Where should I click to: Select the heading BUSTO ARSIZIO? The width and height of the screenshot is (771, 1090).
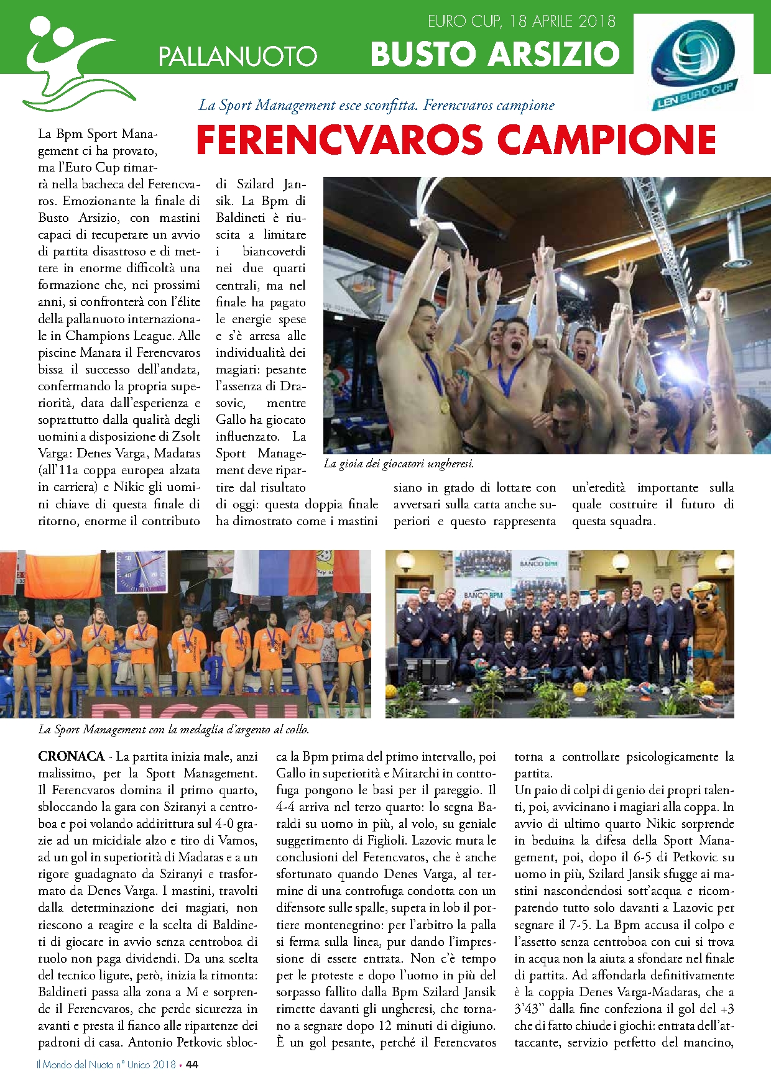click(495, 54)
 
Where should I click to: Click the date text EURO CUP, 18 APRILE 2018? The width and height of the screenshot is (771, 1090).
click(521, 22)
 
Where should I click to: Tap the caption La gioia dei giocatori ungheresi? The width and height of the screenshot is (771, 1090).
click(399, 464)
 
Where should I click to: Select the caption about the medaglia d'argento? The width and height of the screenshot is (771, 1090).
click(173, 730)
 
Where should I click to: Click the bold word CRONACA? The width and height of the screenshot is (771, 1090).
click(71, 756)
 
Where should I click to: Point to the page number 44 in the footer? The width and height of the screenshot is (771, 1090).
click(192, 1065)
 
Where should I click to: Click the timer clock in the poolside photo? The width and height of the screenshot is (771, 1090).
click(140, 571)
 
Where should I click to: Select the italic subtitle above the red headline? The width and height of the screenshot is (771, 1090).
click(376, 105)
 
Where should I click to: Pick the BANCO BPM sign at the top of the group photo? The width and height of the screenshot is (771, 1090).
click(538, 564)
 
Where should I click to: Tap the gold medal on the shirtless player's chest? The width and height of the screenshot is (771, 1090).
click(444, 407)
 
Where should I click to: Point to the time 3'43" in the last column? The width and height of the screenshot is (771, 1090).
click(527, 1009)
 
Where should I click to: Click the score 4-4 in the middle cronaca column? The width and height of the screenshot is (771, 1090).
click(286, 807)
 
